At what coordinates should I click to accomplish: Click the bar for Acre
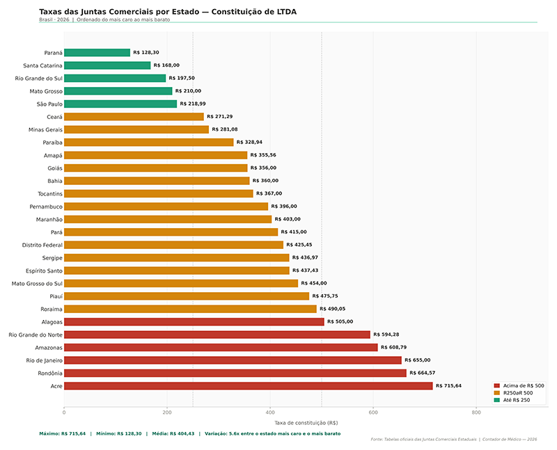coord(248,386)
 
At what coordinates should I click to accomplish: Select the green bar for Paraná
coord(97,53)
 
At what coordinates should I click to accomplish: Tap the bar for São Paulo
coord(120,104)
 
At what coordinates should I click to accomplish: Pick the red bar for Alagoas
coord(194,322)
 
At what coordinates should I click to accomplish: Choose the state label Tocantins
coord(50,193)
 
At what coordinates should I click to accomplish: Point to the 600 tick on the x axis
coord(373,412)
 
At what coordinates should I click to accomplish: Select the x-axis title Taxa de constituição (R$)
coord(306,422)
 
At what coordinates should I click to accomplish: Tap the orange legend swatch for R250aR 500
coord(496,392)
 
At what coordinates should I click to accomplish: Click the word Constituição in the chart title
coord(234,12)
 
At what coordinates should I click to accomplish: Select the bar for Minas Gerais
coord(136,129)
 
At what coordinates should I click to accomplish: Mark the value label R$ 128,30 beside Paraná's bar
coord(146,53)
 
